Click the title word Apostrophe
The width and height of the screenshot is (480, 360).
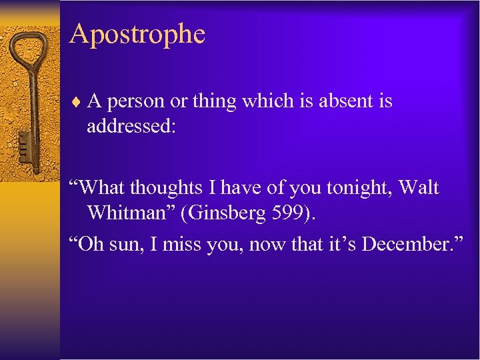point(137,34)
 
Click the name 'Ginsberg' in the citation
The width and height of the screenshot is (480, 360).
point(247,213)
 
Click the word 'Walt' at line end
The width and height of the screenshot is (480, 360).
point(419,188)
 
